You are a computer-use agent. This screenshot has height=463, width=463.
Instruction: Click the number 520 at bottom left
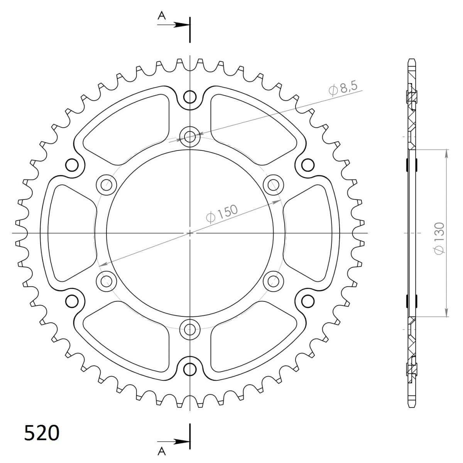42,433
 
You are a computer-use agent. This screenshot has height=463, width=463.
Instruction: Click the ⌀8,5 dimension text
343,90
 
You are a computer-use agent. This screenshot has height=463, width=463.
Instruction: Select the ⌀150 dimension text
222,214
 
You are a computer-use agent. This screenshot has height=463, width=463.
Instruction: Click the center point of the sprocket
190,233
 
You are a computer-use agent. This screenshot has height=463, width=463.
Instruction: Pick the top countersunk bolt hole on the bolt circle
190,136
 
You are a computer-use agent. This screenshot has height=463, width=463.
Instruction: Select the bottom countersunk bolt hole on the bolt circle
190,330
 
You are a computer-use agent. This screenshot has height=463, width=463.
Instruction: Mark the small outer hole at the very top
190,97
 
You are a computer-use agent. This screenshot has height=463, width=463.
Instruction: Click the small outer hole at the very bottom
190,369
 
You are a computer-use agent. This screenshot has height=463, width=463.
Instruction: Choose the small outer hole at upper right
308,165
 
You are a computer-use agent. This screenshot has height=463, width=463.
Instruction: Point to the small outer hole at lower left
72,301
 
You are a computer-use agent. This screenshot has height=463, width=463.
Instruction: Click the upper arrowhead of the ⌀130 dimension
446,154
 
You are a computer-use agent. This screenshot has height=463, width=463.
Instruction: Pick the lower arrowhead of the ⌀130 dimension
446,312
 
